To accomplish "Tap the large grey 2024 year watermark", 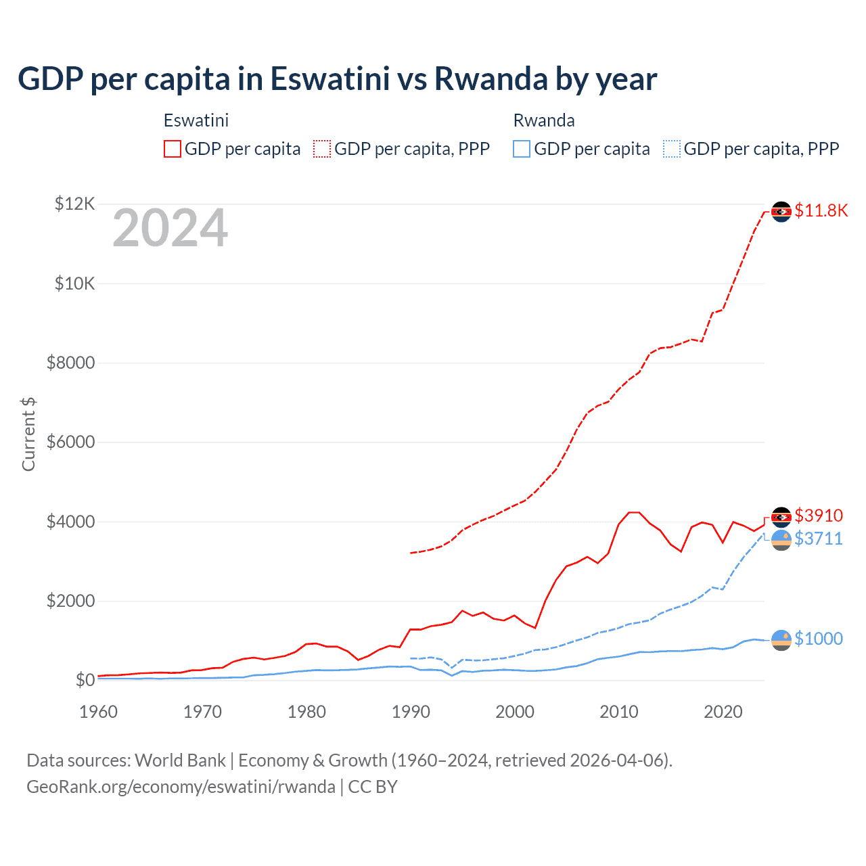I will click(170, 229).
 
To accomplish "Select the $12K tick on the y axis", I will click(75, 204).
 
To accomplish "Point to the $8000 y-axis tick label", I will click(70, 363).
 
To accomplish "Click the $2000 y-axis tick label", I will click(70, 601).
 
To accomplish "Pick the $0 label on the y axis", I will click(85, 680).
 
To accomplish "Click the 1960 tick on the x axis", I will click(99, 712).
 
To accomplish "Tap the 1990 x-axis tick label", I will click(411, 712).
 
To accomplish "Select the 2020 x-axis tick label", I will click(723, 712).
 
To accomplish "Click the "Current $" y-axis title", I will click(28, 434).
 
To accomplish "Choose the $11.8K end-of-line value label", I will click(821, 210).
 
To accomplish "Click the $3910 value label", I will click(819, 516).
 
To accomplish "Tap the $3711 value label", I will click(819, 539).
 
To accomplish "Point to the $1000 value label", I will click(819, 639).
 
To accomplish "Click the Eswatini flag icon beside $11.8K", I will click(781, 212).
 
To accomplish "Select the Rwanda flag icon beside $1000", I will click(781, 640).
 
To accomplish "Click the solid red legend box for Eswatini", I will click(173, 149).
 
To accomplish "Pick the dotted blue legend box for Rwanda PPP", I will click(671, 149).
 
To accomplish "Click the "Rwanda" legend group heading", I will click(544, 120).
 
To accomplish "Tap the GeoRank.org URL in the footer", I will click(181, 787).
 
